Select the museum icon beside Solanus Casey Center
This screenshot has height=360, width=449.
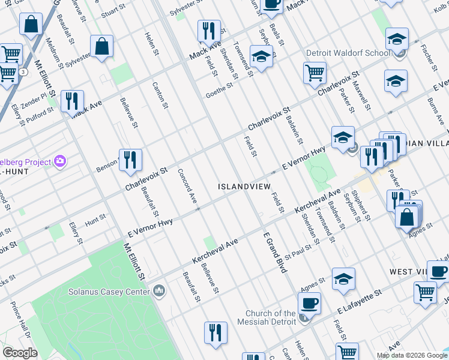pos(160,291)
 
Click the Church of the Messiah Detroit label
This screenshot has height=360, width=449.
pos(271,317)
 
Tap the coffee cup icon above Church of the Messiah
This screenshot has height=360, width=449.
pos(309,302)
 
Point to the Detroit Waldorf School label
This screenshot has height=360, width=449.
pos(348,53)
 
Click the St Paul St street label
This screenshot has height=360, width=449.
pos(298,252)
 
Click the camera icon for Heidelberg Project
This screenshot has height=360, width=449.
pos(59,161)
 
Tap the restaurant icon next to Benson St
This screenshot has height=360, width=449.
pos(130,160)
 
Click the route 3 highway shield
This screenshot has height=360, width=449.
pos(23,71)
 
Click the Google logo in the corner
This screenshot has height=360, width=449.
pos(20,353)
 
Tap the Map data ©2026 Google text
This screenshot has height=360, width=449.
pos(412,355)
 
